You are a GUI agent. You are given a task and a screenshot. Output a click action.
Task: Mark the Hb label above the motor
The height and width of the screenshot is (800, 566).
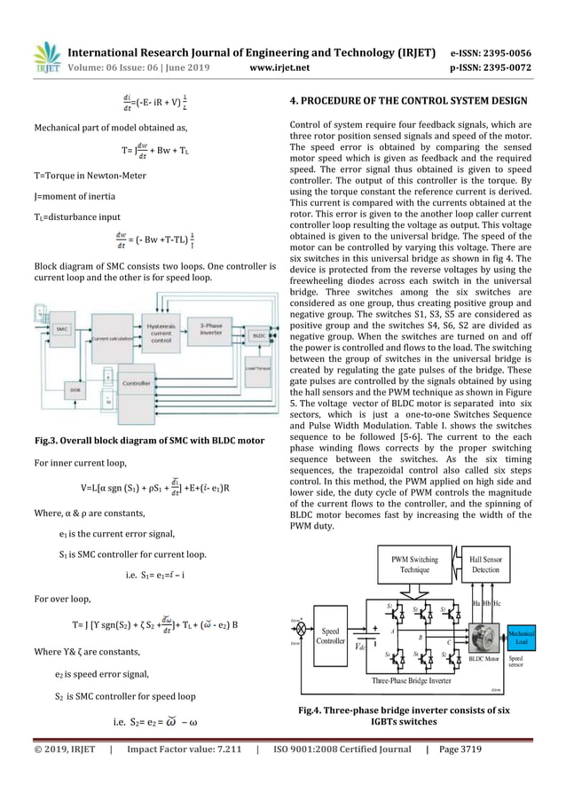click(489, 602)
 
